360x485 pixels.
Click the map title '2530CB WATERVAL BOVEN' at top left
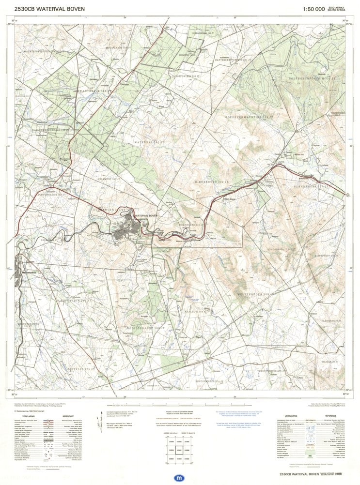click(49, 9)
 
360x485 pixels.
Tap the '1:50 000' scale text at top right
click(313, 9)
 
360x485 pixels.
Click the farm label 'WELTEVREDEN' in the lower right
click(255, 294)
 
